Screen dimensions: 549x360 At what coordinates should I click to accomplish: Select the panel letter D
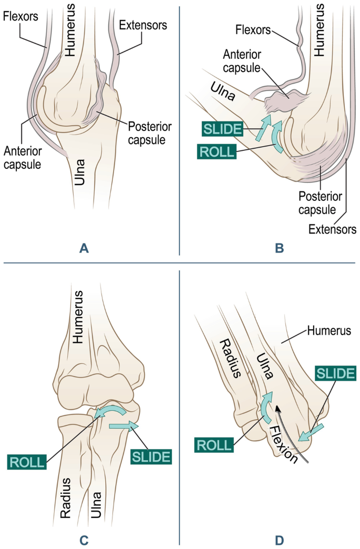point(280,539)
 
